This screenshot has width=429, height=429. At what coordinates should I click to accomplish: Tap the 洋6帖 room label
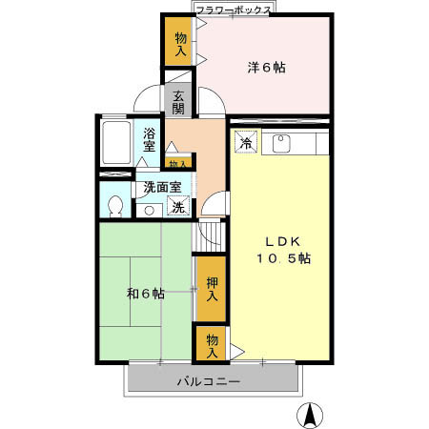click(x=267, y=67)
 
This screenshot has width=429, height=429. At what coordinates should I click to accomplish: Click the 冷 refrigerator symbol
click(x=245, y=143)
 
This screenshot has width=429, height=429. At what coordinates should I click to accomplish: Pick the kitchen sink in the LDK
click(x=282, y=144)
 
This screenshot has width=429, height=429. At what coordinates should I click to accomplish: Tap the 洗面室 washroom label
click(x=162, y=188)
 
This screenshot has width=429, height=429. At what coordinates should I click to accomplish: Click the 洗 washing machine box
click(x=177, y=207)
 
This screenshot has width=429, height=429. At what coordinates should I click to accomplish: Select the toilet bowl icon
click(x=115, y=205)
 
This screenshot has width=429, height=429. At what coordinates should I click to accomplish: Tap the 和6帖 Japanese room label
click(x=145, y=294)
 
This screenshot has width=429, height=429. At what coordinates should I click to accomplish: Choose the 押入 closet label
click(x=212, y=289)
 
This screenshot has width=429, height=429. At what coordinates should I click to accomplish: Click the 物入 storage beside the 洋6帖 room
click(x=180, y=42)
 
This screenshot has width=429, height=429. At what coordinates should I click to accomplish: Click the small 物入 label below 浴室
click(x=178, y=164)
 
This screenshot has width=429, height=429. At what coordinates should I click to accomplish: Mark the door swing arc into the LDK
click(x=217, y=203)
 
